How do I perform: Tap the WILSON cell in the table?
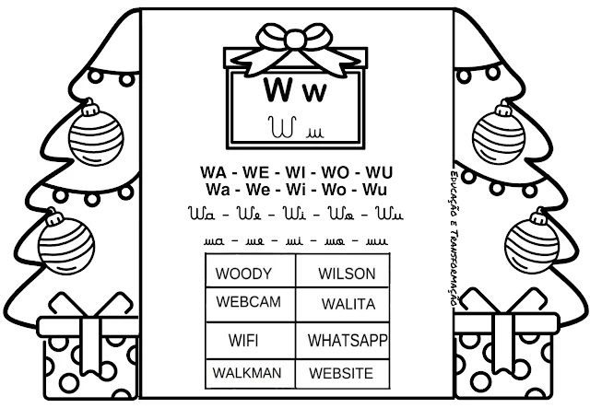point(346,274)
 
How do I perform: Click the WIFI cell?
point(243,340)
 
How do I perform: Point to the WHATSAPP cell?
point(347,340)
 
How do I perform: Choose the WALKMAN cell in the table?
point(246,373)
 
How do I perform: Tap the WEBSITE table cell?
point(341,373)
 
